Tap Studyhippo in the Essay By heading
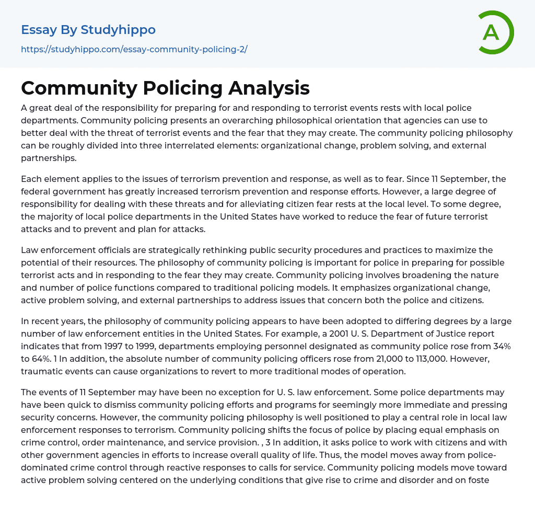118,30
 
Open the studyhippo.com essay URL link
134,49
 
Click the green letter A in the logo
491,32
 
